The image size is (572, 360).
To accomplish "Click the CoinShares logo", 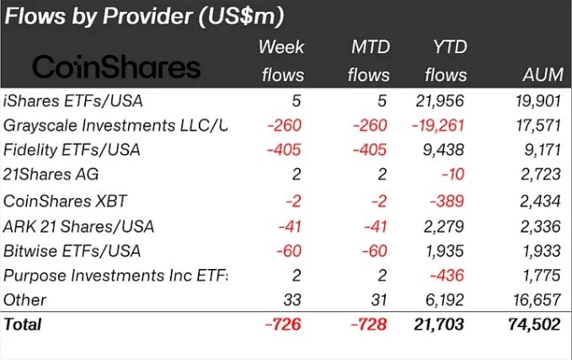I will point(116,67).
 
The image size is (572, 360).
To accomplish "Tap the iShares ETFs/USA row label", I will point(73,101).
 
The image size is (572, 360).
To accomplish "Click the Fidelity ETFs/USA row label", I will point(72,150).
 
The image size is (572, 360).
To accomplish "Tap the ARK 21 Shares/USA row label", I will point(81,225).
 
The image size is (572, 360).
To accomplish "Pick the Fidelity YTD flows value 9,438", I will point(446,150).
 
